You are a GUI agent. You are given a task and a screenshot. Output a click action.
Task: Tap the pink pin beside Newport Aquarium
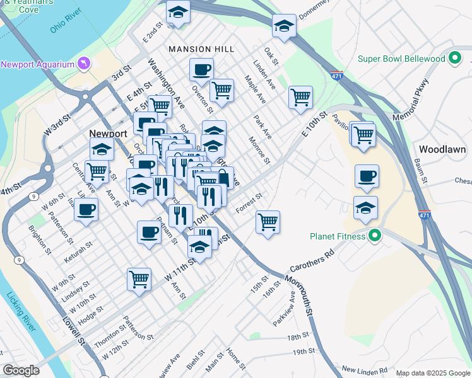(84, 64)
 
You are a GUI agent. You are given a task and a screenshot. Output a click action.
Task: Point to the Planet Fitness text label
(338, 237)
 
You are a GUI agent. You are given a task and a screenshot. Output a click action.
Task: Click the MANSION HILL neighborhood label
(201, 49)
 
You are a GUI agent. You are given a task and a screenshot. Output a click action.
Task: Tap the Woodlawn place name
(442, 149)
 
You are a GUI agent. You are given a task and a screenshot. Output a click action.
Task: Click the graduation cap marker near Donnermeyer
(284, 26)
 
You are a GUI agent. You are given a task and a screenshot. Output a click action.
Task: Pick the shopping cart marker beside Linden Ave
(300, 98)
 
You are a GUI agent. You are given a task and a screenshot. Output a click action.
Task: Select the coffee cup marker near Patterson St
(86, 209)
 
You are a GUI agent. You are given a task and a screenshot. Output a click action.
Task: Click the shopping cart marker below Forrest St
(268, 222)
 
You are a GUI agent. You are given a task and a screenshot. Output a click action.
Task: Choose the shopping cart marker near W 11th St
(139, 279)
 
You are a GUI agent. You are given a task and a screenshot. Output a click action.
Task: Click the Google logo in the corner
(21, 370)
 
